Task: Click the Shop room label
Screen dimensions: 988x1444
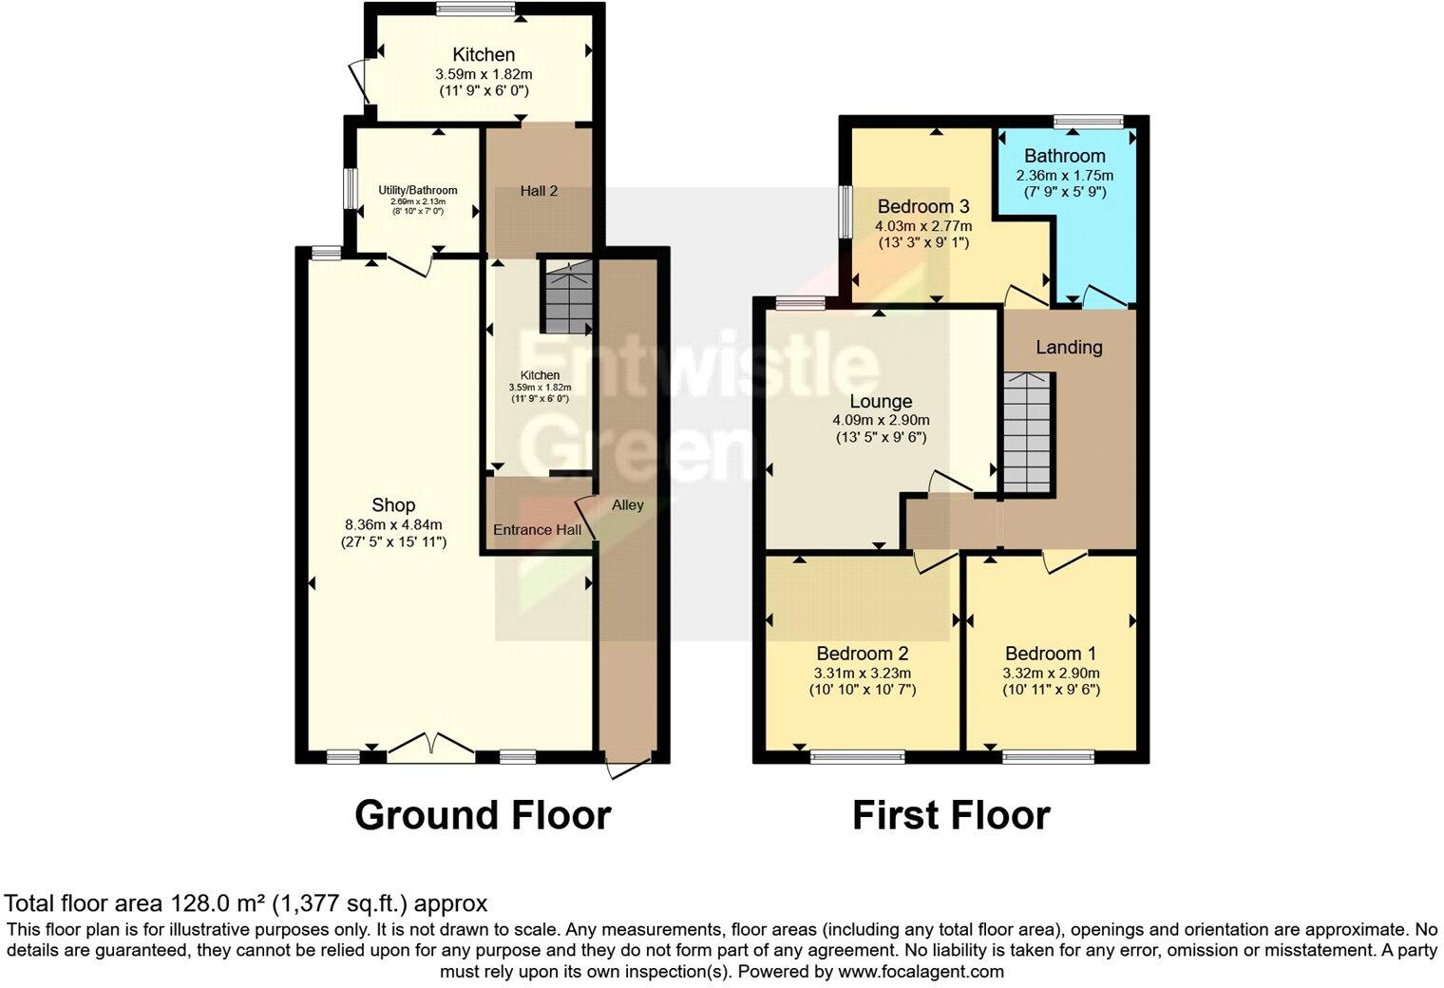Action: point(393,505)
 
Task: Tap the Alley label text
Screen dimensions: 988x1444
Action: point(627,504)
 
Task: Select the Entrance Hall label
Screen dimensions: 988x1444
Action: point(537,529)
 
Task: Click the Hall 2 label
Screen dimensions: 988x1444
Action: point(539,191)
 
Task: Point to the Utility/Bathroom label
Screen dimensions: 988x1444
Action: point(418,190)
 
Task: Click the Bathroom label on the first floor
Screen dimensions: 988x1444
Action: point(1064,156)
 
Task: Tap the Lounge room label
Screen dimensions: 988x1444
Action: point(881,402)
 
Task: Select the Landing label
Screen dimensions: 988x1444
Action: point(1069,347)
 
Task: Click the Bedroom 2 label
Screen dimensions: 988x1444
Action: point(863,654)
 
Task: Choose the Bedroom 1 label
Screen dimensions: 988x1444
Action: point(1051,654)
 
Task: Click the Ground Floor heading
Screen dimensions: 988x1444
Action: point(483,815)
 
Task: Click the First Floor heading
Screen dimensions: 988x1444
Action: point(951,815)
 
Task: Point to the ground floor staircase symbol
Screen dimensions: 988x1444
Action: point(566,297)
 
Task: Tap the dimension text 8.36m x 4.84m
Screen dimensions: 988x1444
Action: point(393,524)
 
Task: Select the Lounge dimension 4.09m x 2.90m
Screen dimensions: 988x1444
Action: point(881,420)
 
